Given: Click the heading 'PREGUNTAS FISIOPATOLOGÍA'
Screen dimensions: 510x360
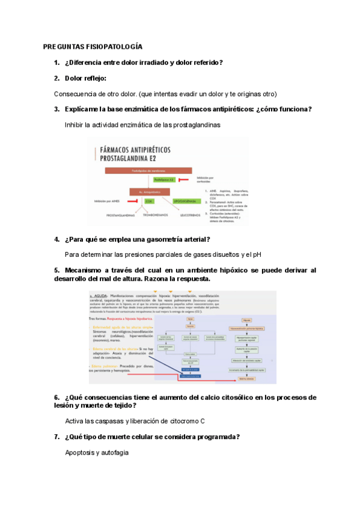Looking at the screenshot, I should (93, 46).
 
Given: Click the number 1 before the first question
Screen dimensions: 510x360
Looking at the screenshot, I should (56, 63).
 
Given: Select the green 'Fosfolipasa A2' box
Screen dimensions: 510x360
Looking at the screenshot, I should (165, 179).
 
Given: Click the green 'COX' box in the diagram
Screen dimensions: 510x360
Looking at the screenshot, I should (149, 201).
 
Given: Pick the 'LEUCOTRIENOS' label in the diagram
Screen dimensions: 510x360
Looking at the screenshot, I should (191, 215).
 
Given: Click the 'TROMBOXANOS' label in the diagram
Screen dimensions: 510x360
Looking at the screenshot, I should (154, 215).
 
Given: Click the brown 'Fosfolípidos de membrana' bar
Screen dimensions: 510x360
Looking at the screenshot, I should (139, 170).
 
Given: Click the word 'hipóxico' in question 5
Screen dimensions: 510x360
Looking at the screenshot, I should (229, 271).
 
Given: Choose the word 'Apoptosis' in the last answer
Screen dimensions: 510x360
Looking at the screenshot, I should (79, 452).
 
